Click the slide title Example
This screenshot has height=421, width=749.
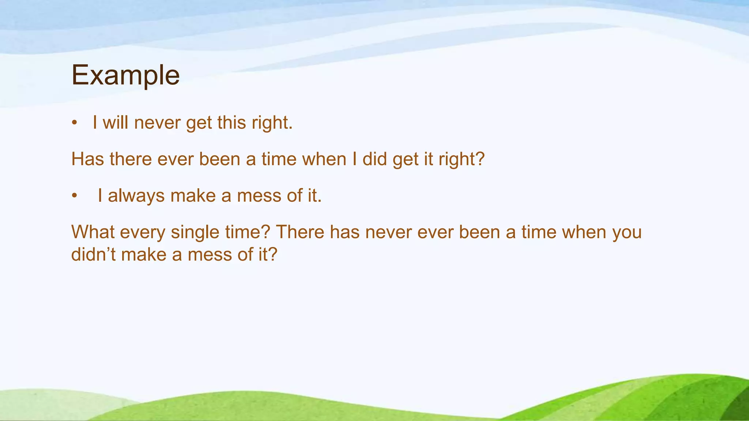pyautogui.click(x=125, y=75)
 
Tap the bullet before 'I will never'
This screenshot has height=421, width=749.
pyautogui.click(x=75, y=123)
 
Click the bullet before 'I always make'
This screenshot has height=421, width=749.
pyautogui.click(x=75, y=196)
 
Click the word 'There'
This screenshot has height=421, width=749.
pyautogui.click(x=300, y=232)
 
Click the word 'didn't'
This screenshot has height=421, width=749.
pyautogui.click(x=93, y=254)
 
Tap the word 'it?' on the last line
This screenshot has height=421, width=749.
pyautogui.click(x=268, y=254)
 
